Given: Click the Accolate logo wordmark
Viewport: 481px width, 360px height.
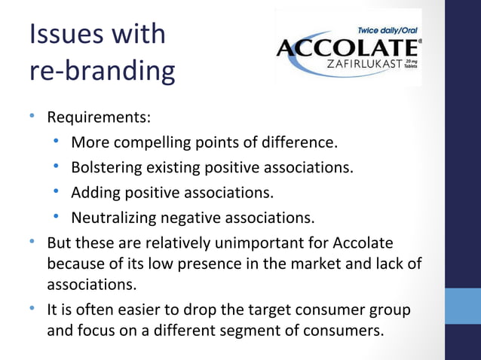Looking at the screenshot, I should pyautogui.click(x=349, y=49).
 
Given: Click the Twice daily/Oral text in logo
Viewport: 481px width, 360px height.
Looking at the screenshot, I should pyautogui.click(x=389, y=29).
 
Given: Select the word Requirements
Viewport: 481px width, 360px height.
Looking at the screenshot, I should pyautogui.click(x=99, y=118).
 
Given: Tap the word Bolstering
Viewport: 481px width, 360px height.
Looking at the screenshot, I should pyautogui.click(x=109, y=167).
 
